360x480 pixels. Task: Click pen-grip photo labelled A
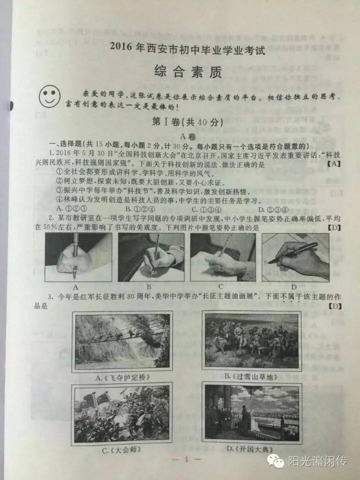[x=78, y=257]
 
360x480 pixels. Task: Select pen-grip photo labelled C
[x=222, y=257]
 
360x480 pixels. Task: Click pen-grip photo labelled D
[x=295, y=257]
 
